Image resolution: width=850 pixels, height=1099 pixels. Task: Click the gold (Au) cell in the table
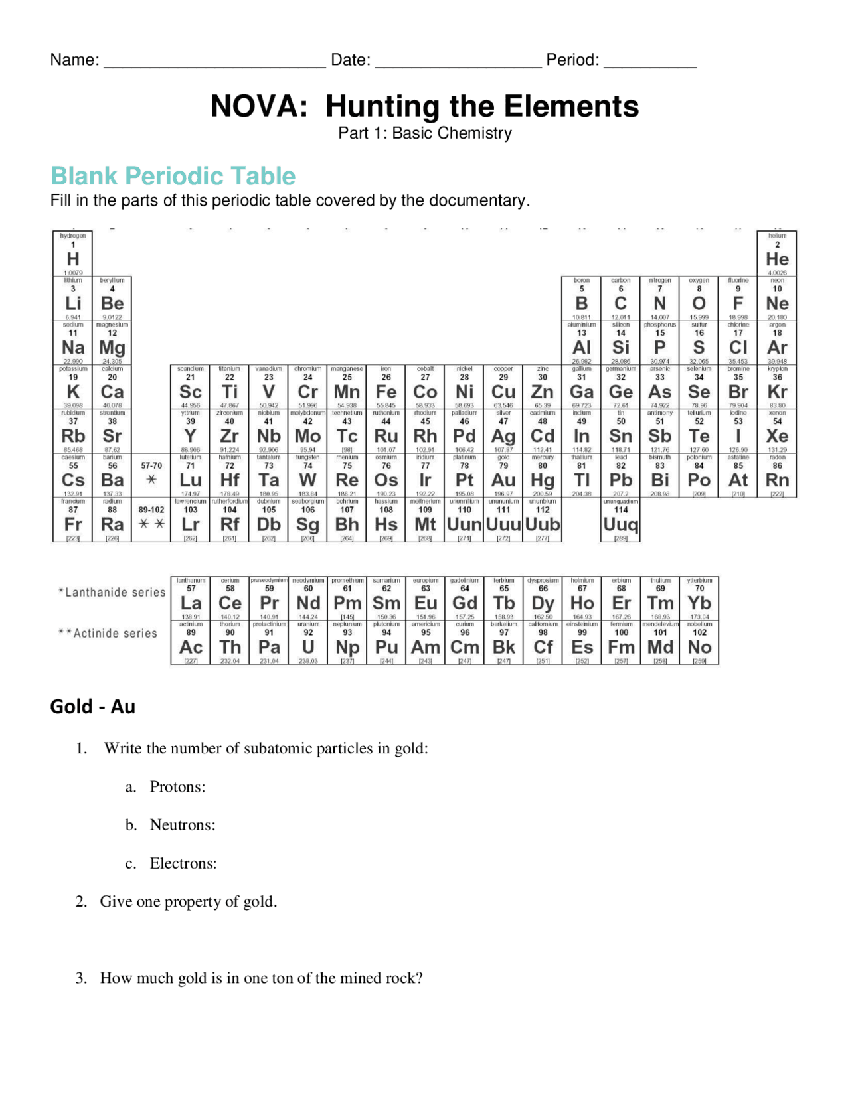(x=503, y=476)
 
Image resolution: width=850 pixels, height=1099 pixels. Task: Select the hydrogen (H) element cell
(x=73, y=255)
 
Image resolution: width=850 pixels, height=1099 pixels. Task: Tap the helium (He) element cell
(x=777, y=255)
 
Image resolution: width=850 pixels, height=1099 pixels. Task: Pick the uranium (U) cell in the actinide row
(x=308, y=643)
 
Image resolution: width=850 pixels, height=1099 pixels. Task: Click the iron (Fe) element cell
(x=386, y=388)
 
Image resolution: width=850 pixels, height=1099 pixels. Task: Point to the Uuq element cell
(x=620, y=520)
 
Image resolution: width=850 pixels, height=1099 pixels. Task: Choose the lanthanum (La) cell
(x=191, y=599)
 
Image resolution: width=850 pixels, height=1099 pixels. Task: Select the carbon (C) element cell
(x=620, y=299)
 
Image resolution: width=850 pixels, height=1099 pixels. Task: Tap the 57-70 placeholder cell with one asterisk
(x=151, y=476)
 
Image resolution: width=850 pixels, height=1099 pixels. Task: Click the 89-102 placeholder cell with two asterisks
(x=151, y=520)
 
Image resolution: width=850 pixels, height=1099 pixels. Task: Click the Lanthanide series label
(x=112, y=592)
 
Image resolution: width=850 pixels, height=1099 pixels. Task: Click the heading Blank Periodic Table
(x=173, y=176)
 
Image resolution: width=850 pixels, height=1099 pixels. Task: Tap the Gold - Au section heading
(x=92, y=707)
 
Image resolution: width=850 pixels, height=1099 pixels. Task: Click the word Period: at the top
(x=572, y=60)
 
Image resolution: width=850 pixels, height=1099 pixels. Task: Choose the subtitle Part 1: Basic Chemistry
(x=425, y=133)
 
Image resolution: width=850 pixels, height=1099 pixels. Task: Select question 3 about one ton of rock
(x=261, y=978)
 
